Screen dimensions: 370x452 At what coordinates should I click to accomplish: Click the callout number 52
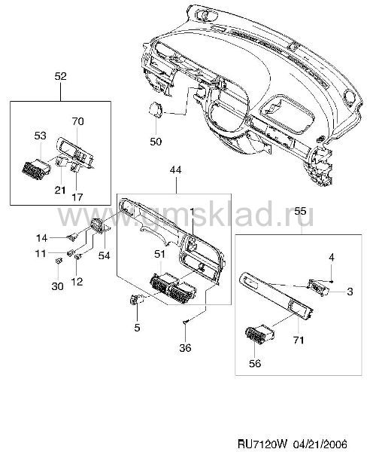pyautogui.click(x=60, y=76)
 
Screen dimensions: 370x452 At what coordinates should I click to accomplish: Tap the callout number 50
pyautogui.click(x=156, y=142)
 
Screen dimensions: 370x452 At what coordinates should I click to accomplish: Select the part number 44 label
pyautogui.click(x=175, y=170)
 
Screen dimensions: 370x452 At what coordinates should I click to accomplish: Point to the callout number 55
pyautogui.click(x=300, y=211)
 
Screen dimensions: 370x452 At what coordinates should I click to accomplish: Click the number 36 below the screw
pyautogui.click(x=185, y=347)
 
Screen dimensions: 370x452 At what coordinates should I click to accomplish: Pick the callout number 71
pyautogui.click(x=299, y=341)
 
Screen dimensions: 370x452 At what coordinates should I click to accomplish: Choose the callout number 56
pyautogui.click(x=255, y=364)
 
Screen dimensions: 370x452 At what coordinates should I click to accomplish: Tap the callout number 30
pyautogui.click(x=57, y=286)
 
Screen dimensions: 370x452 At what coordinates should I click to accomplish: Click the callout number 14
pyautogui.click(x=41, y=238)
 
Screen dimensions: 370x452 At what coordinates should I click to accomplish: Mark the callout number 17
pyautogui.click(x=77, y=197)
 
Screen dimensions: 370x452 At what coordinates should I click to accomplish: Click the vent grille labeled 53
pyautogui.click(x=36, y=168)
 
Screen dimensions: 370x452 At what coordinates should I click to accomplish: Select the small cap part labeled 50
pyautogui.click(x=156, y=109)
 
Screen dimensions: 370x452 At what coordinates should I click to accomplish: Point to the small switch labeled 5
pyautogui.click(x=136, y=300)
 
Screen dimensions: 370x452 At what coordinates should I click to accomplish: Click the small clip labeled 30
pyautogui.click(x=59, y=261)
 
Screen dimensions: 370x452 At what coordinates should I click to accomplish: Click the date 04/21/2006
pyautogui.click(x=320, y=443)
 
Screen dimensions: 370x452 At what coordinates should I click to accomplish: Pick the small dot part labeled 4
pyautogui.click(x=332, y=281)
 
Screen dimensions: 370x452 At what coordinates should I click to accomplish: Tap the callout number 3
pyautogui.click(x=350, y=292)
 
